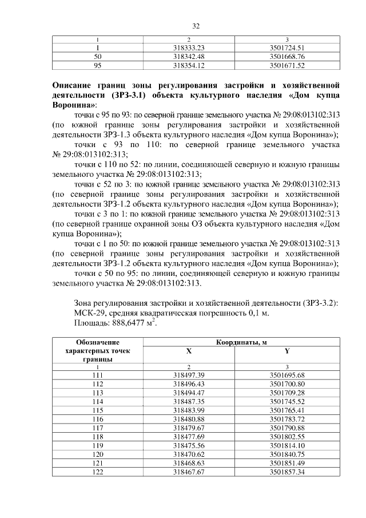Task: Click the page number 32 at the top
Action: click(x=196, y=26)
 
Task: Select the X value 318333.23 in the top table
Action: click(x=189, y=48)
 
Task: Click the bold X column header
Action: click(x=189, y=351)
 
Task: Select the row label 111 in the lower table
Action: click(x=97, y=375)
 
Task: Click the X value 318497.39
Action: click(x=189, y=375)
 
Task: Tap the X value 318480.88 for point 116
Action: click(x=189, y=420)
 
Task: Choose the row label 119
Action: click(x=97, y=446)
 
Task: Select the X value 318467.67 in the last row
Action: click(x=189, y=473)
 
